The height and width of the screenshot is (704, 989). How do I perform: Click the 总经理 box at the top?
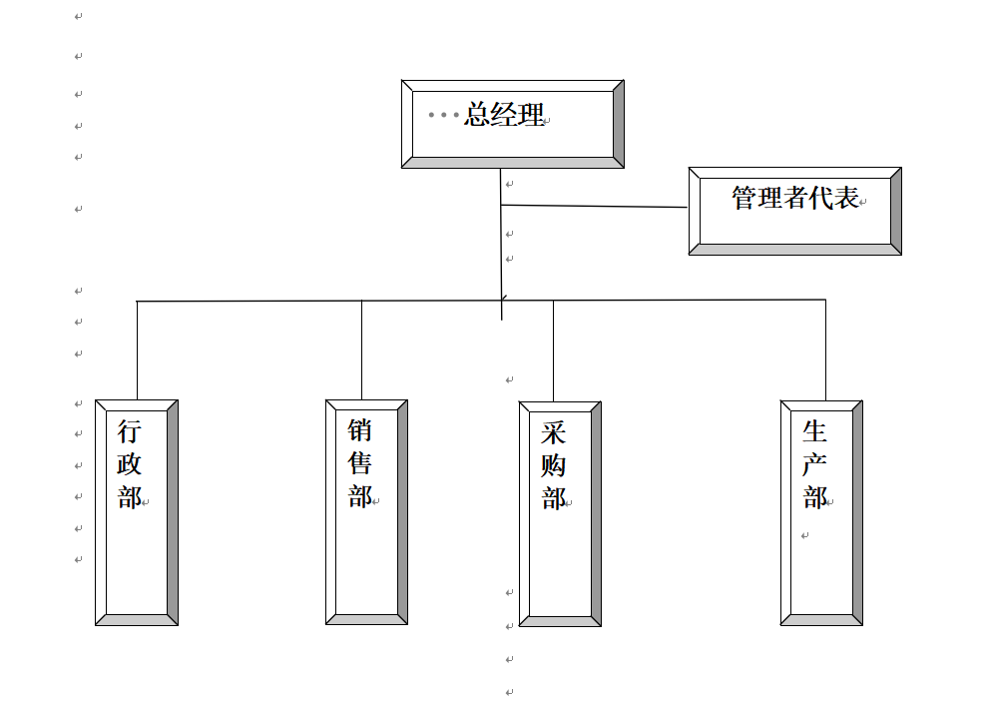pyautogui.click(x=512, y=125)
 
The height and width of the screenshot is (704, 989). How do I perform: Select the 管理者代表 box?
pyautogui.click(x=794, y=212)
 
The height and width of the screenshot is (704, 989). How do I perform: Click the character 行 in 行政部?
pyautogui.click(x=130, y=432)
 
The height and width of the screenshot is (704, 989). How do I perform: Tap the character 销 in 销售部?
pyautogui.click(x=359, y=430)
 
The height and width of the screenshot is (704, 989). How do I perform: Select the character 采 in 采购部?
pyautogui.click(x=553, y=433)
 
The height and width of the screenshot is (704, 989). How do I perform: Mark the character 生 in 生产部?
pyautogui.click(x=814, y=431)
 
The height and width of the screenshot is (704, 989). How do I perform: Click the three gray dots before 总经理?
pyautogui.click(x=444, y=115)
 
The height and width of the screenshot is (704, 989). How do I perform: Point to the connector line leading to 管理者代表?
pyautogui.click(x=594, y=207)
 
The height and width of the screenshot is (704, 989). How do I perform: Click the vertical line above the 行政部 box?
pyautogui.click(x=137, y=350)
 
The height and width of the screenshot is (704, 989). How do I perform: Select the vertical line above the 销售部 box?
pyautogui.click(x=361, y=350)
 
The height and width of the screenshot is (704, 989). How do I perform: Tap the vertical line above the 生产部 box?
pyautogui.click(x=825, y=350)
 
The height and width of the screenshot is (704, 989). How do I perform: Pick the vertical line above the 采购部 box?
pyautogui.click(x=553, y=350)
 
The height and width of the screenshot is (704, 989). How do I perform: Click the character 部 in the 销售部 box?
pyautogui.click(x=359, y=496)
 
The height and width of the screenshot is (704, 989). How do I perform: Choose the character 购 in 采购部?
pyautogui.click(x=553, y=465)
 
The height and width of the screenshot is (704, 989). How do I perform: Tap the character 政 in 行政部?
pyautogui.click(x=130, y=464)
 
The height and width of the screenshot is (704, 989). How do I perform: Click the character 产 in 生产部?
pyautogui.click(x=814, y=464)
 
